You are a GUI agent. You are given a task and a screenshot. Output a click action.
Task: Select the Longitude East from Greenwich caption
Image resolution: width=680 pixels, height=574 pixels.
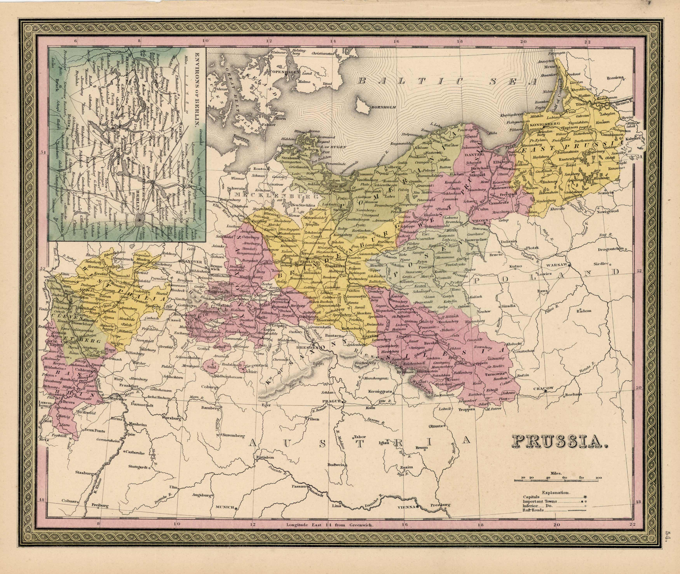tap(330, 533)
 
